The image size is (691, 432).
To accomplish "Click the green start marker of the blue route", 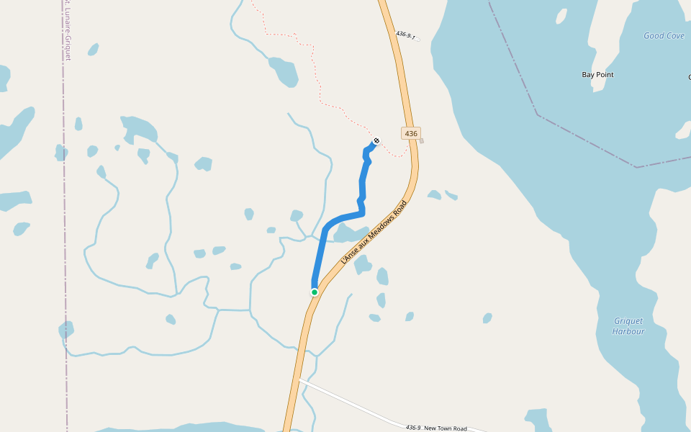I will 315,292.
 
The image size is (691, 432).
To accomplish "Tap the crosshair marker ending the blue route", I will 376,140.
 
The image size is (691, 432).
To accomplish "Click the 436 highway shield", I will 411,133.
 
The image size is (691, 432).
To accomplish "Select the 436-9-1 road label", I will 406,35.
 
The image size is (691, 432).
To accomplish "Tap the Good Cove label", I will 664,35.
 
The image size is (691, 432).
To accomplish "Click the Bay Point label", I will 597,74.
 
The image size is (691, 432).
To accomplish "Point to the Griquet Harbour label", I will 628,326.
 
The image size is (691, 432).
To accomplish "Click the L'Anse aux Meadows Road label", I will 374,233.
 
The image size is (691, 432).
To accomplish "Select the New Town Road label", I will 446,428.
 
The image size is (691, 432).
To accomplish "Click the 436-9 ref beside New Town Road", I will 412,427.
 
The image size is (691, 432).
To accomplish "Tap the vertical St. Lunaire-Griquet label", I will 68,29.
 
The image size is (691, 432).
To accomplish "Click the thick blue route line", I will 362,187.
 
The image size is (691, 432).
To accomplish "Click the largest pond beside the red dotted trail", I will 284,71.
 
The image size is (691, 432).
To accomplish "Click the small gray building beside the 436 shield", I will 422,141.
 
